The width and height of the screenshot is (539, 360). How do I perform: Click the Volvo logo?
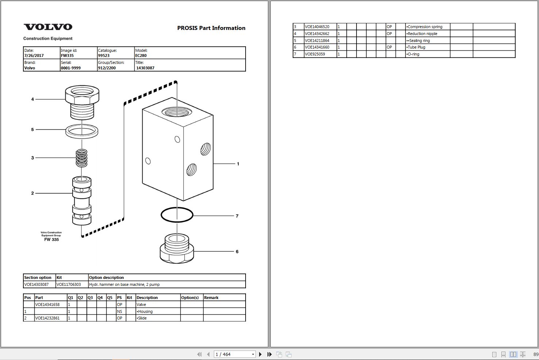(48, 27)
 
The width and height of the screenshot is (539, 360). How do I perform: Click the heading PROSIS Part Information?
(211, 28)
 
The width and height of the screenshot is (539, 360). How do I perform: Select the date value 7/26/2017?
(34, 55)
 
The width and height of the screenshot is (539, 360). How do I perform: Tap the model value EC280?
(141, 55)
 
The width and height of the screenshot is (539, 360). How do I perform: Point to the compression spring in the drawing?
(82, 158)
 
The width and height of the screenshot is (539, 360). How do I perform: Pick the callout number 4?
(32, 99)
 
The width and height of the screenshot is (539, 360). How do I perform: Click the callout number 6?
(237, 252)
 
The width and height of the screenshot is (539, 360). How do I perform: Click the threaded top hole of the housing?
(177, 112)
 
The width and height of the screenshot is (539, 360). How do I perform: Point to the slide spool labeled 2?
(82, 200)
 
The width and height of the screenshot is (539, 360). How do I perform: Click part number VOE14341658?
(47, 305)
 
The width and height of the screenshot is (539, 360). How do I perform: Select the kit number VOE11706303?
(69, 285)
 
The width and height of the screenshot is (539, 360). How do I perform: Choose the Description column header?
(147, 298)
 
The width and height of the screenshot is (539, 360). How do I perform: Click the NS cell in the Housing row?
(119, 311)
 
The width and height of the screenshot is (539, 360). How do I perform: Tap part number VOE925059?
(315, 54)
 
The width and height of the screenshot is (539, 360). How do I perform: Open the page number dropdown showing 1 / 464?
(235, 354)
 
